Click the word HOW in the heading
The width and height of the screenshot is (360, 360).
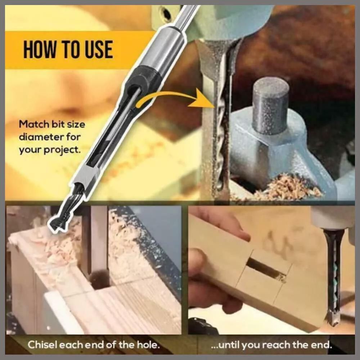coord(39,49)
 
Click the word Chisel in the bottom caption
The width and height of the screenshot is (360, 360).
coord(42,345)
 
